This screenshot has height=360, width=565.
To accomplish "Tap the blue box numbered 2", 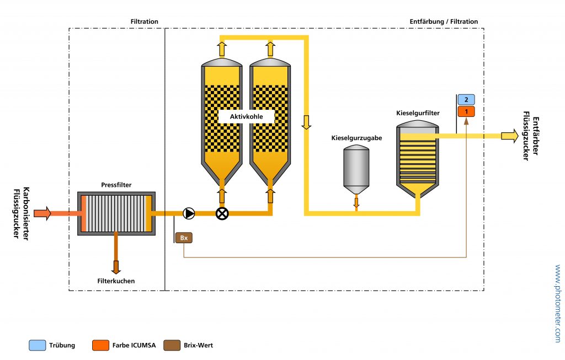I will click(x=466, y=100).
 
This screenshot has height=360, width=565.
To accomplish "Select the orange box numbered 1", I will click(x=466, y=111).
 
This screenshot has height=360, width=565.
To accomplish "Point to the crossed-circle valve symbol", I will click(x=222, y=214).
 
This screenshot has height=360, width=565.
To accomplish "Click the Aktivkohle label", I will click(x=246, y=117).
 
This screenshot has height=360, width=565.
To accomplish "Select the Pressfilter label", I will click(x=116, y=185).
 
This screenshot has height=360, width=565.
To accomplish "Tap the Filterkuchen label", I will click(x=116, y=281).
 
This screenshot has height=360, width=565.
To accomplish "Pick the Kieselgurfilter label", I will click(x=418, y=113).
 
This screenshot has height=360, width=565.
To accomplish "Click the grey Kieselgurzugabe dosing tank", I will click(x=356, y=166).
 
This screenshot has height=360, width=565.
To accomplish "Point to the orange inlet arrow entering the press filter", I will click(x=42, y=213).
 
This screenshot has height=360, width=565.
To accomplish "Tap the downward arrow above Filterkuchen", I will click(x=116, y=267).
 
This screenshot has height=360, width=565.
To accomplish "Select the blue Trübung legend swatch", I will click(x=38, y=346).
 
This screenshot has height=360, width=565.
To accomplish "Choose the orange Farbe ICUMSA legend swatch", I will click(x=101, y=346).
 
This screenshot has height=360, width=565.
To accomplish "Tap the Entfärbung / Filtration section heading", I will click(x=444, y=22).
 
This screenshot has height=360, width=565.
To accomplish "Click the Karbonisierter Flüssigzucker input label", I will click(x=20, y=214).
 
